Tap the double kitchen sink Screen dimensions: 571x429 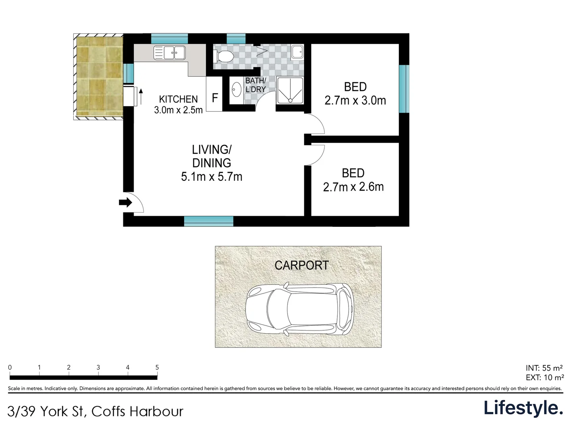[x=169, y=52]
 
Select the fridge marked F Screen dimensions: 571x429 [x=215, y=94]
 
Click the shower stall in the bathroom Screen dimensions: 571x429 [x=290, y=90]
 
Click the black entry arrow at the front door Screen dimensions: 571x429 [x=126, y=203]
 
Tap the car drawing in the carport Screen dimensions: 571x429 [x=299, y=309]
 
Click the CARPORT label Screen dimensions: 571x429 [x=302, y=265]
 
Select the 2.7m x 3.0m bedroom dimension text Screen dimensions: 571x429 [x=355, y=100]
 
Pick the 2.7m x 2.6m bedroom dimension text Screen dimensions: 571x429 [x=353, y=187]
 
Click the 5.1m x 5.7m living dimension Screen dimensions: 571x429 [x=211, y=177]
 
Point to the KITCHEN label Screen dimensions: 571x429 [x=178, y=99]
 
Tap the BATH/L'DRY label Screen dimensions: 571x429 [x=256, y=85]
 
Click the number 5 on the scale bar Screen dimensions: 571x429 [x=157, y=367]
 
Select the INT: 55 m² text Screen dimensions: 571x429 [x=544, y=368]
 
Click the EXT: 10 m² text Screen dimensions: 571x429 [x=545, y=377]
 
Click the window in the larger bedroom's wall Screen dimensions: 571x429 [x=404, y=89]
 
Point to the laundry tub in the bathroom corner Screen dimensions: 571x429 [x=297, y=52]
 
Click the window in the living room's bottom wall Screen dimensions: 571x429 [x=209, y=221]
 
